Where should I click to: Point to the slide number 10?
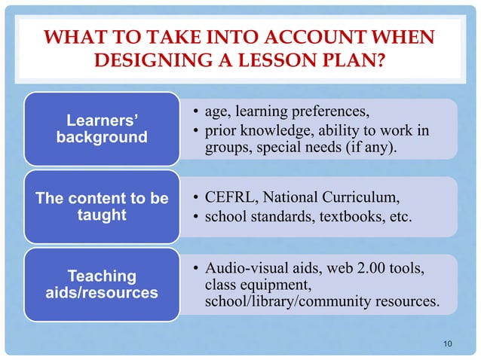tap(449, 344)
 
